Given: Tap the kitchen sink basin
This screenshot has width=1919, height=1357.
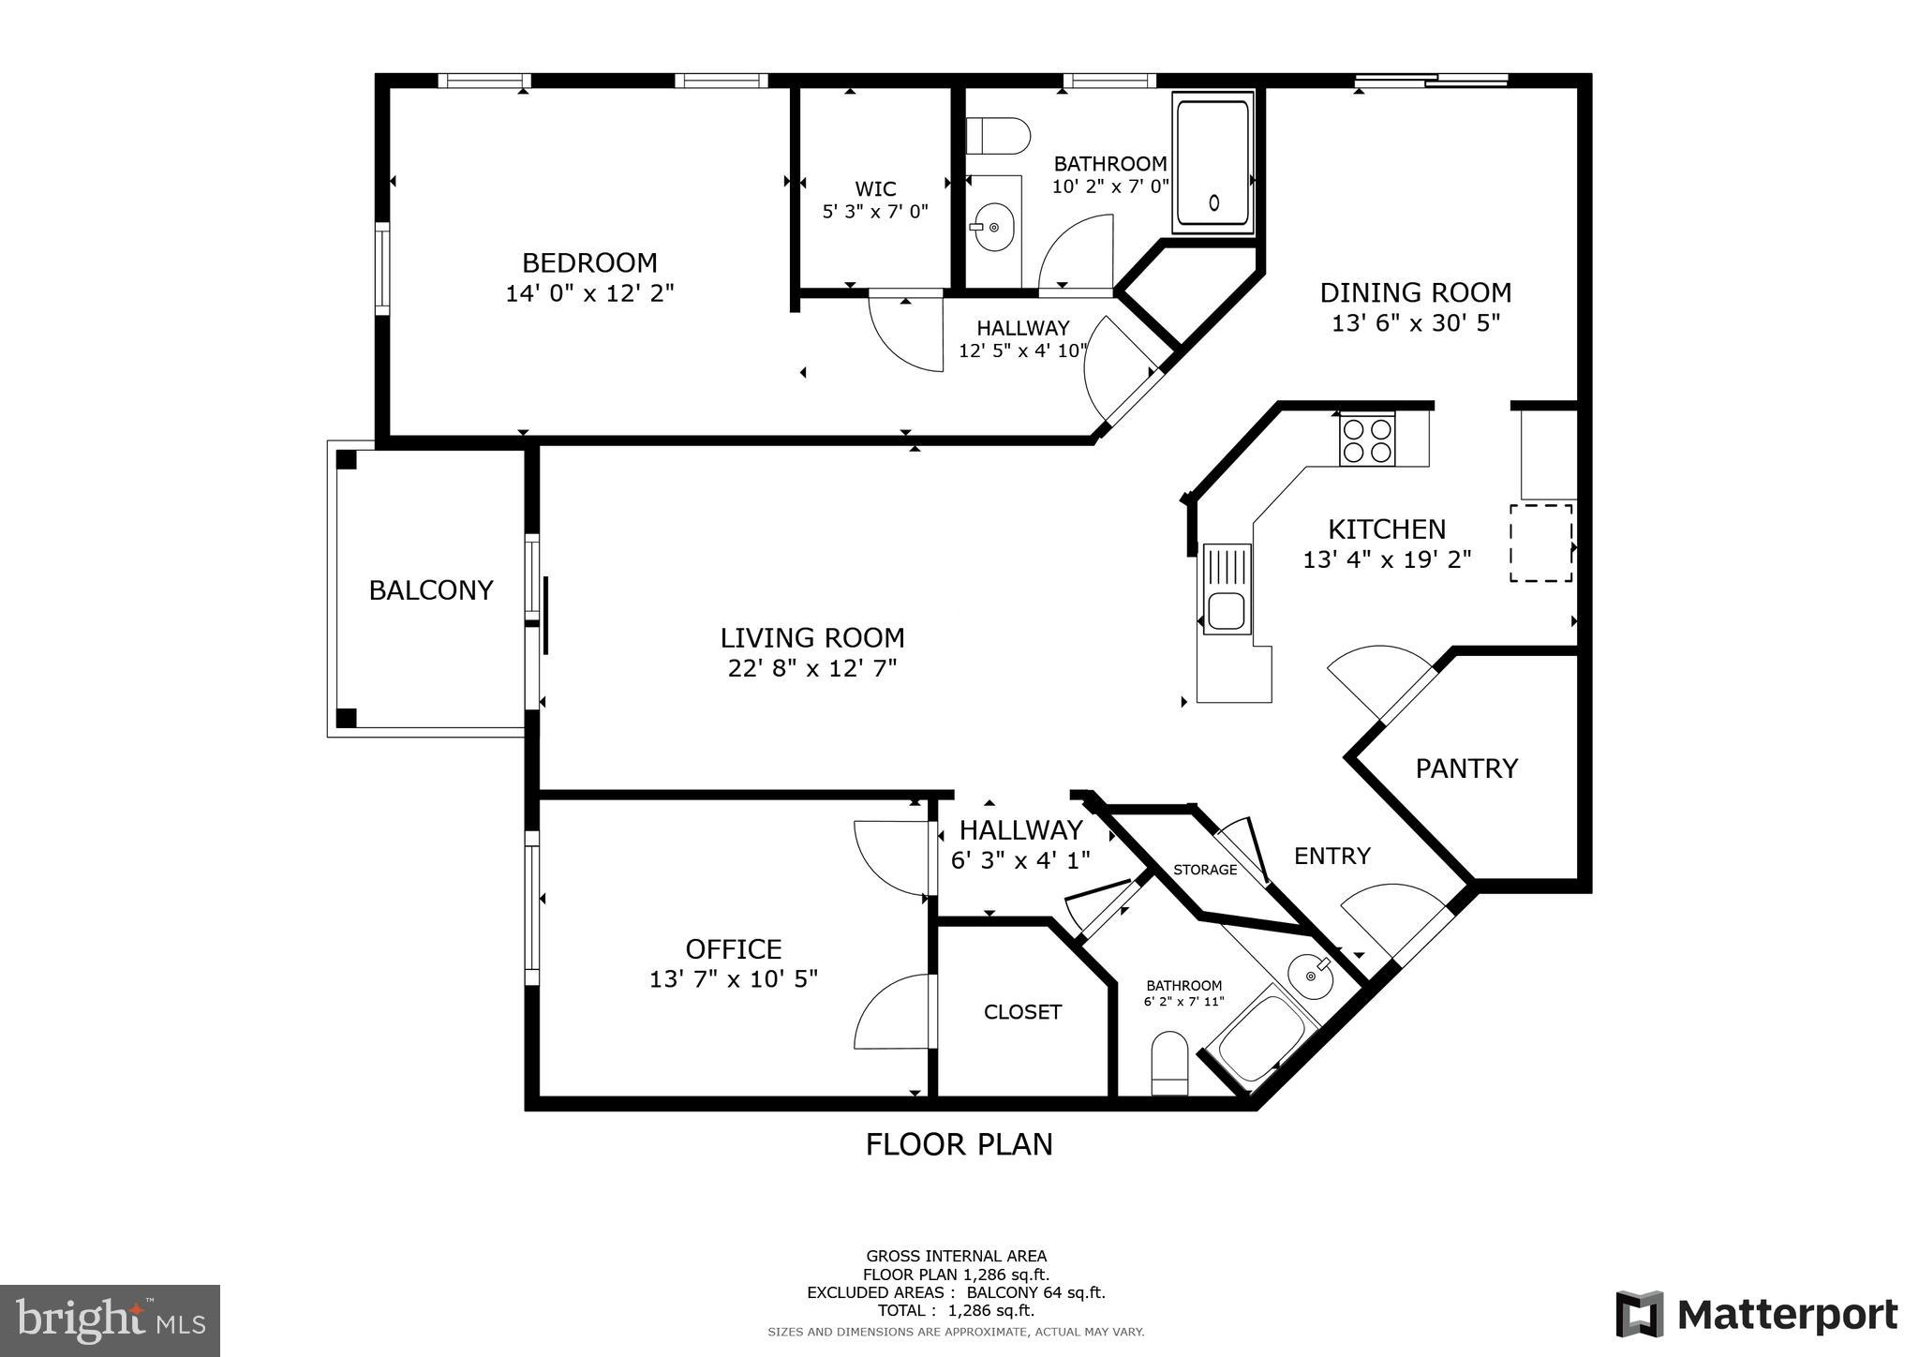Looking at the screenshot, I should click(x=1226, y=612).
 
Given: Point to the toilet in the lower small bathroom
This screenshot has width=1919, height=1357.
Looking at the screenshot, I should click(x=1169, y=1061).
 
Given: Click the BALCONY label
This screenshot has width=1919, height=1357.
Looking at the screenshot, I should click(x=431, y=590).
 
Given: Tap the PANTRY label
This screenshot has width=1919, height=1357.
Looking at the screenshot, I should click(x=1465, y=768).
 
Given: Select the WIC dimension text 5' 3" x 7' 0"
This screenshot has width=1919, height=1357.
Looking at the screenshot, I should click(x=875, y=212).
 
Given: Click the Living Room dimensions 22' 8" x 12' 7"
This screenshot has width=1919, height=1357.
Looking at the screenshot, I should click(x=812, y=668).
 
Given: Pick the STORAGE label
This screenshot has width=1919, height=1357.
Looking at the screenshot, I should click(x=1205, y=870).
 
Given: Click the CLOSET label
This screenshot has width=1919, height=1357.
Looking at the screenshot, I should click(x=1022, y=1012).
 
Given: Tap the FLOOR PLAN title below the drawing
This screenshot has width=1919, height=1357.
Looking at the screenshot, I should click(x=959, y=1144).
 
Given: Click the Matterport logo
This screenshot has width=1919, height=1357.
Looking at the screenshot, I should click(x=1757, y=1314).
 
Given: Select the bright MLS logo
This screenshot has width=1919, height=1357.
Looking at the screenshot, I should click(x=110, y=1320).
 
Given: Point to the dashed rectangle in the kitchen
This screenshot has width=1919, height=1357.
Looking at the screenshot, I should click(x=1540, y=543).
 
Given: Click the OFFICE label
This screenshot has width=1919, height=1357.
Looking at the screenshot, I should click(x=734, y=949).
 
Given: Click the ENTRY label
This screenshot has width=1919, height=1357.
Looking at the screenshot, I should click(x=1331, y=856).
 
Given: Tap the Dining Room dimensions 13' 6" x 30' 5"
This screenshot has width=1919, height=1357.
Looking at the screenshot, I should click(x=1416, y=323).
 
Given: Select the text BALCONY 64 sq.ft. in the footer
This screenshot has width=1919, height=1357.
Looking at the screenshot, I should click(x=1035, y=1292).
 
